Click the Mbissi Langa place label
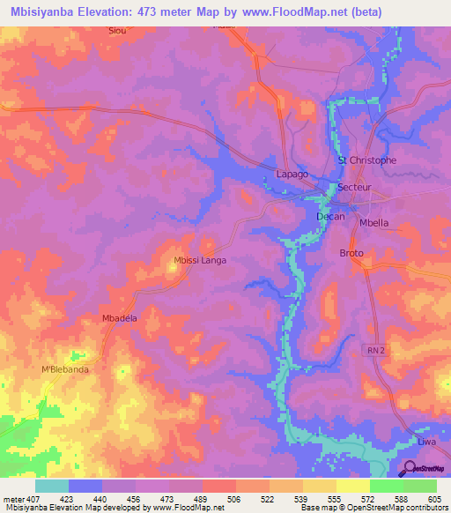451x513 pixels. pos(200,260)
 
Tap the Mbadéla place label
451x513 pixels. pos(121,319)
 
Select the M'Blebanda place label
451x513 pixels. pos(66,369)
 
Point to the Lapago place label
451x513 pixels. pos(292,175)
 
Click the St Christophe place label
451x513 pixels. pos(367,160)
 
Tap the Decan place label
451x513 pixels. pos(330,216)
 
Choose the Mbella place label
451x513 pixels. pos(374,223)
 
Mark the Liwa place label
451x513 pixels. pos(427,441)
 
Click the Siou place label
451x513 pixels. pos(116,30)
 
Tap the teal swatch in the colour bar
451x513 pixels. pos(52,486)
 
